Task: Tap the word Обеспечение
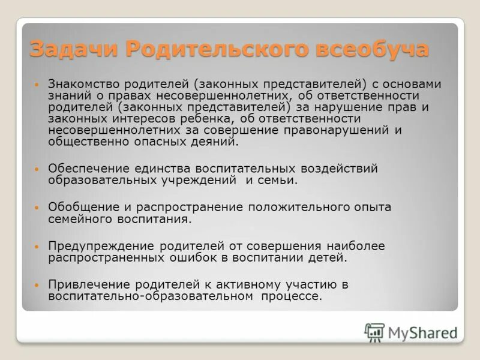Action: [x=87, y=169]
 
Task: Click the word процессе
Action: [x=295, y=296]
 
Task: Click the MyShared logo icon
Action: [x=374, y=332]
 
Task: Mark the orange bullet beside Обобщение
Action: [x=37, y=207]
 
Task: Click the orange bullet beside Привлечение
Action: [x=37, y=284]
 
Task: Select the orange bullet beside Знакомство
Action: [x=37, y=85]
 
